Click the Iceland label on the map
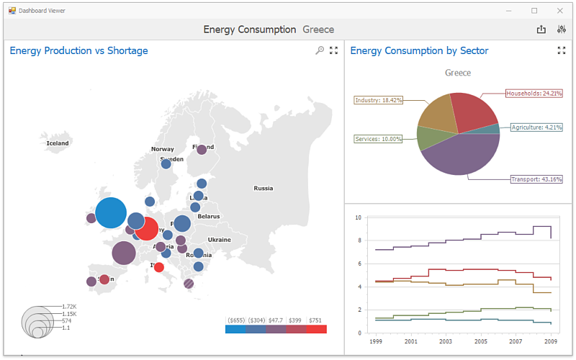[x=58, y=143]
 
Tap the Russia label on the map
[x=264, y=189]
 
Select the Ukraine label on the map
[x=220, y=240]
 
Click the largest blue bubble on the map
[x=111, y=213]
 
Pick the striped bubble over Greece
[x=189, y=284]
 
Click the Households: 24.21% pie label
[x=534, y=93]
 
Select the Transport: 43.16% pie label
[x=536, y=179]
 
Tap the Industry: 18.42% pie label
[x=379, y=100]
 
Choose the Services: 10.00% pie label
[x=378, y=139]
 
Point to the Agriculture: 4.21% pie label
[x=535, y=127]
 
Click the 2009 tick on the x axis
[x=551, y=342]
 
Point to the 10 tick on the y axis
[x=358, y=217]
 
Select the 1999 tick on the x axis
[x=376, y=342]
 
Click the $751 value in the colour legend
[x=315, y=320]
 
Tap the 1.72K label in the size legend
[x=70, y=307]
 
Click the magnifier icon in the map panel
[x=320, y=50]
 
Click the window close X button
[x=559, y=10]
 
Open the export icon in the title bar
[x=541, y=30]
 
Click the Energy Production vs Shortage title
[x=79, y=50]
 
